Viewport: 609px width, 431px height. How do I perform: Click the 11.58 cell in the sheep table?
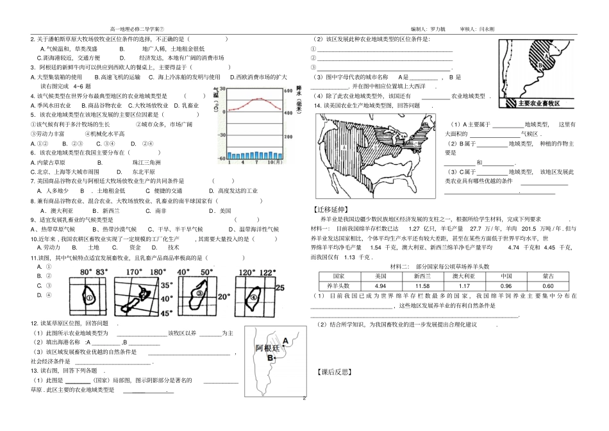[x=422, y=285]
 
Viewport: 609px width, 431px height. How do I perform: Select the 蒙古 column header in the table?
[x=547, y=276]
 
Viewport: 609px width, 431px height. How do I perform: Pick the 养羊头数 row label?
[x=336, y=285]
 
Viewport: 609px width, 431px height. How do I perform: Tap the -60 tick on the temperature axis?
[x=222, y=157]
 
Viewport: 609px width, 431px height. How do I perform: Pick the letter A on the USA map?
[x=344, y=147]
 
